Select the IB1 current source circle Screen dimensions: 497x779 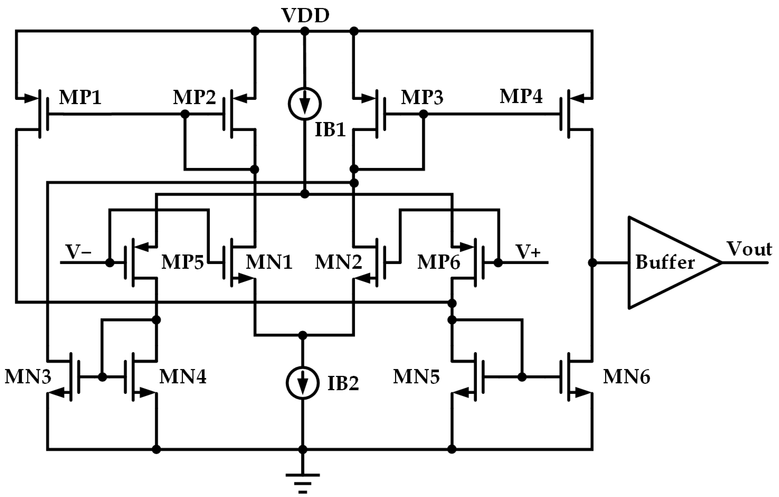304,104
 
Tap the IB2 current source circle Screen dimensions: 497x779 303,383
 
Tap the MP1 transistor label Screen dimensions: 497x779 80,97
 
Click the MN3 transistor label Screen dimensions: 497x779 28,377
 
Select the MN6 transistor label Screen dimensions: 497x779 626,377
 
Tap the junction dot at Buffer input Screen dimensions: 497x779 592,263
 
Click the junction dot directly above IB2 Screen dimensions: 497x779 303,335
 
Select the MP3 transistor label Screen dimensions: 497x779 422,97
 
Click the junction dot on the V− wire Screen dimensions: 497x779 110,263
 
